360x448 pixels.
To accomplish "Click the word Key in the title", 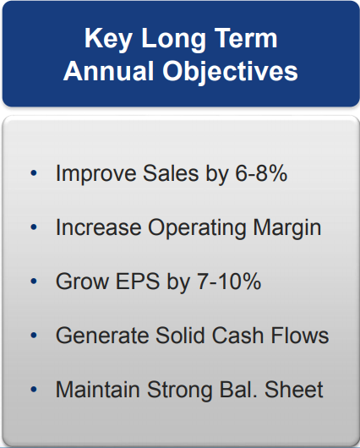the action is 107,40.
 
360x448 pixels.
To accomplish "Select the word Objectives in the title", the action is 231,72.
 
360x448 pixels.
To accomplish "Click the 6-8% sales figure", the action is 261,173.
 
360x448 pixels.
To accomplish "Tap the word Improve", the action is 95,174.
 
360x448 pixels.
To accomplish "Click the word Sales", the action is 171,173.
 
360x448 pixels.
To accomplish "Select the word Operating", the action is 197,228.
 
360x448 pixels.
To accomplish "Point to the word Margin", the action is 287,228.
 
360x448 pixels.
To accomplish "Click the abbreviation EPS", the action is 138,281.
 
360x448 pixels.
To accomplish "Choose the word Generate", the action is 102,335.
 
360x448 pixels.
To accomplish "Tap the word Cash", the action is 237,335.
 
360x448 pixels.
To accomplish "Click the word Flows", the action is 300,335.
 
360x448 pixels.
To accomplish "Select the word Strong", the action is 179,391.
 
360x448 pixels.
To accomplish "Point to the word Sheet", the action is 294,389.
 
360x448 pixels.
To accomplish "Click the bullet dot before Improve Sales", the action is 34,173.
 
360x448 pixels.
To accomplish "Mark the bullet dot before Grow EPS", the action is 34,281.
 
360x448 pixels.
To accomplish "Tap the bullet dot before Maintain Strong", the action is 34,389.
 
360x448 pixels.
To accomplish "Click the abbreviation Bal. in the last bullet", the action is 238,389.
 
